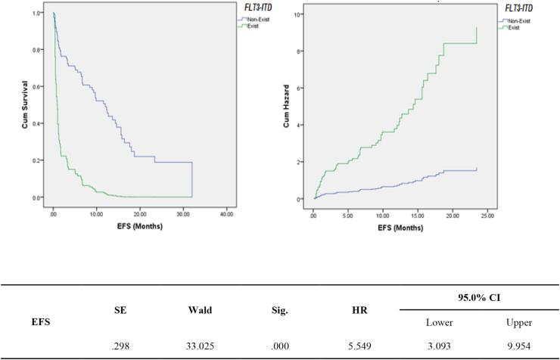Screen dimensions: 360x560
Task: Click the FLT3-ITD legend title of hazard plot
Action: pyautogui.click(x=518, y=8)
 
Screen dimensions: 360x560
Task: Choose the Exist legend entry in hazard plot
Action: pyautogui.click(x=512, y=28)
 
